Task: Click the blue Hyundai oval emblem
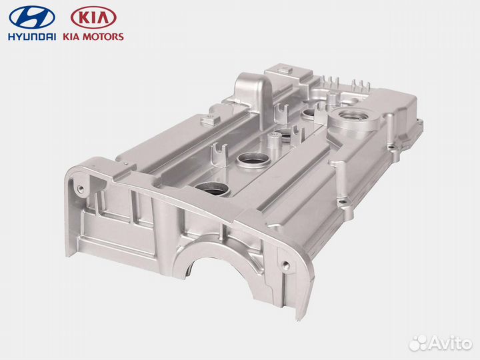pos(33,17)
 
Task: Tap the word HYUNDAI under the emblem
pos(33,37)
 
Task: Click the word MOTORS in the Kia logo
pos(103,37)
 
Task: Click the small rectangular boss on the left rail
pos(211,120)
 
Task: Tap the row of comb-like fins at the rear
pos(353,87)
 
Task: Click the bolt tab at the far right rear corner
pos(419,123)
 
